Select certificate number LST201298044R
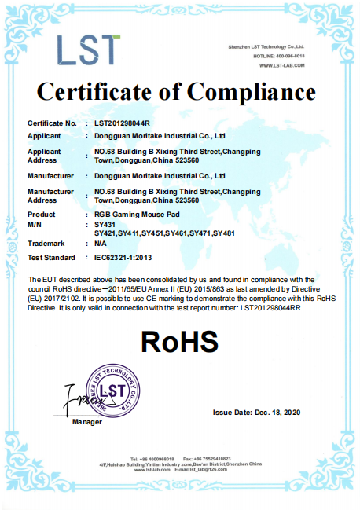121,124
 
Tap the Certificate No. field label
52,124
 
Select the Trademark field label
47,244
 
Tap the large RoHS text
179,341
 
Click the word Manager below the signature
87,423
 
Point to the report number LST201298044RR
272,308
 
